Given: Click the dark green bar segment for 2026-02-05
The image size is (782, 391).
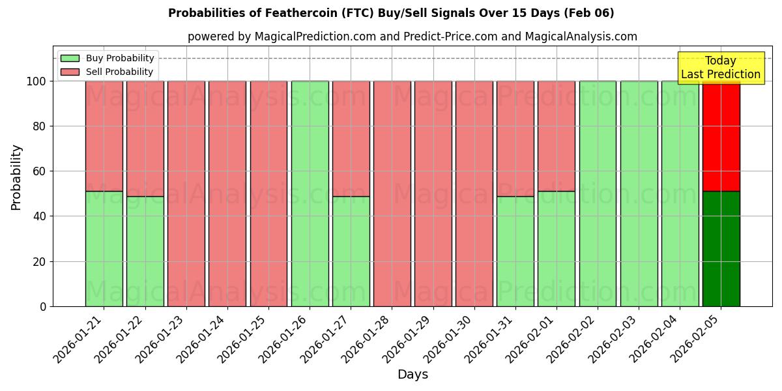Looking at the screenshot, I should point(721,248).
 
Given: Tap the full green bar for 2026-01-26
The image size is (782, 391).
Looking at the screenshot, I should point(310,194).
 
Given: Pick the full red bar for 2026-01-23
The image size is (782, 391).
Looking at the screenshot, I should point(186,194).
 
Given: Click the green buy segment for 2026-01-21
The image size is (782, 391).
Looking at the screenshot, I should point(104,248).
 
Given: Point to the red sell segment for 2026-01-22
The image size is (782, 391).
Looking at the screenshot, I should point(145,138).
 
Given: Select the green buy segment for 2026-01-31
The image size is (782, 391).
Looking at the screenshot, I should point(515,251).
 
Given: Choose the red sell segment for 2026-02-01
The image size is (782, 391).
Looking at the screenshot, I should point(557,136).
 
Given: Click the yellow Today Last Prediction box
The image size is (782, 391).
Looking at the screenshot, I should point(721,68).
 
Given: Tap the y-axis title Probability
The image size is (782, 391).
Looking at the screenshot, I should point(16,177).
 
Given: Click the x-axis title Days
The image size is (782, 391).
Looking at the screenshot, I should point(413,375).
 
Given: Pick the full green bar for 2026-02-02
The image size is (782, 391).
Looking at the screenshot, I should point(598,194).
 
